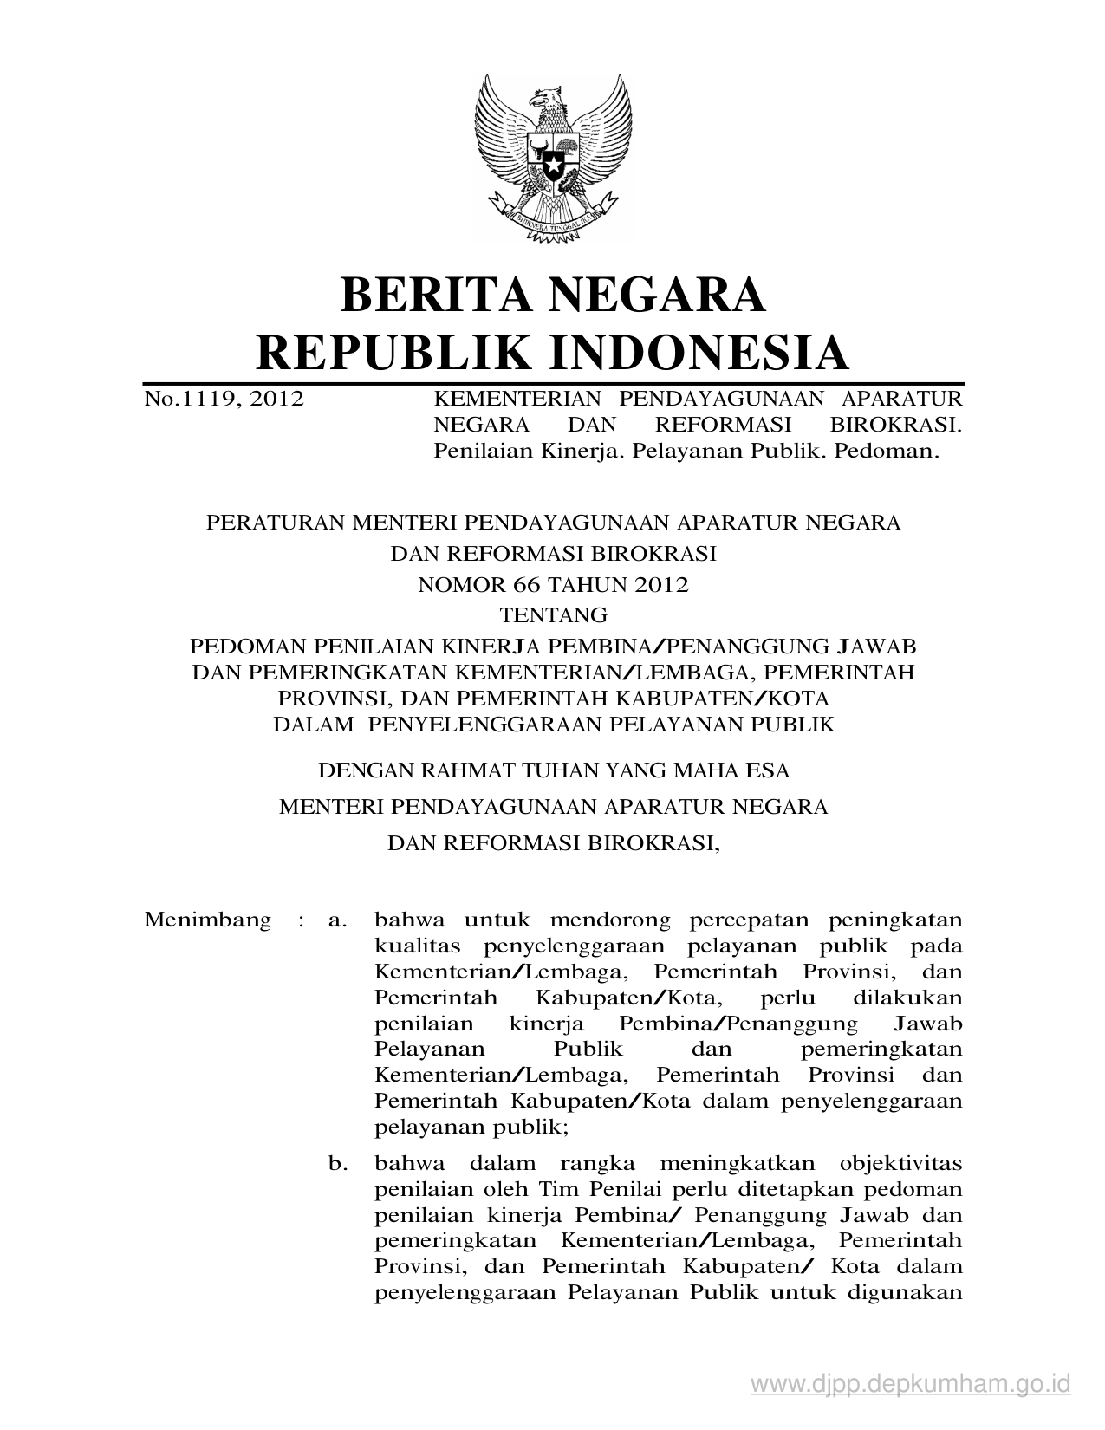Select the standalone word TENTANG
tap(554, 615)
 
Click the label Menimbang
tap(208, 920)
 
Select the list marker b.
tap(337, 1163)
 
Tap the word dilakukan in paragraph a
tap(907, 998)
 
